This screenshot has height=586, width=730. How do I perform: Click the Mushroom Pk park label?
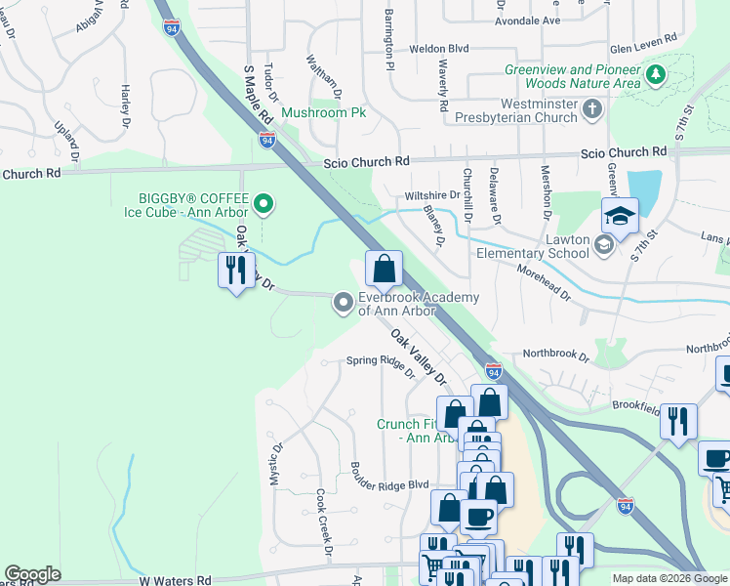click(x=323, y=112)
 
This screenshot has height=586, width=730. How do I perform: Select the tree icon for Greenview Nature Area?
click(x=657, y=74)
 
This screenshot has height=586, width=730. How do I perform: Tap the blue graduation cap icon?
click(x=620, y=217)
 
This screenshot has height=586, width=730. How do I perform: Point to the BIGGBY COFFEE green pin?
click(x=263, y=204)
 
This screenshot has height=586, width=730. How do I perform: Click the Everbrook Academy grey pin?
click(x=343, y=303)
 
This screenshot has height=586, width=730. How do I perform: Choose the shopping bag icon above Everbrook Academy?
click(x=385, y=268)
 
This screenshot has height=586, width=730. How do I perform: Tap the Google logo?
click(x=32, y=574)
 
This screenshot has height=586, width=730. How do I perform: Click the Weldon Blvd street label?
click(x=439, y=48)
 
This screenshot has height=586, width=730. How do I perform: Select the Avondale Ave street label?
click(x=527, y=20)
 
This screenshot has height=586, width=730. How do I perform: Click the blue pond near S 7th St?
click(x=643, y=190)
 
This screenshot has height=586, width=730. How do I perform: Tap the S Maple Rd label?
click(x=256, y=94)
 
